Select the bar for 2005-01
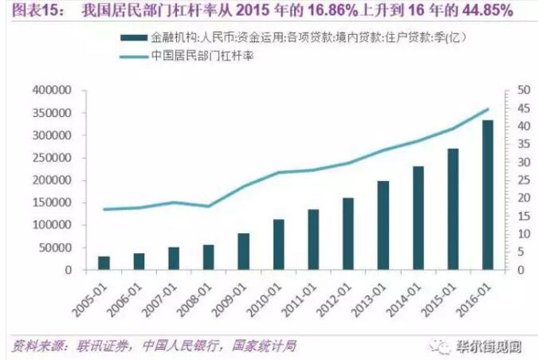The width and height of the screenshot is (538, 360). click(104, 263)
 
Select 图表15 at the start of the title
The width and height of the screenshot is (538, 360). click(28, 12)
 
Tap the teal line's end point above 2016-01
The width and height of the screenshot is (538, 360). click(488, 109)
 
